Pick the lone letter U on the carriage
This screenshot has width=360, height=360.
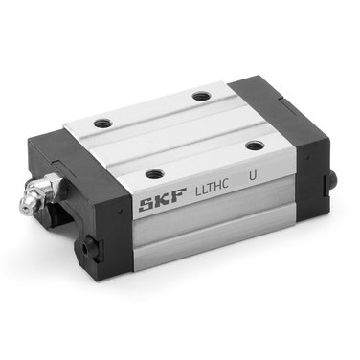pyautogui.click(x=253, y=176)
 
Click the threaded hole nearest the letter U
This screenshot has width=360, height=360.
pyautogui.click(x=254, y=146)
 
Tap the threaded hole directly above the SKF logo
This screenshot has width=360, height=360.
pyautogui.click(x=154, y=174)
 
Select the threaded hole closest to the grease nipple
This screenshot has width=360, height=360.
pyautogui.click(x=102, y=123)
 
